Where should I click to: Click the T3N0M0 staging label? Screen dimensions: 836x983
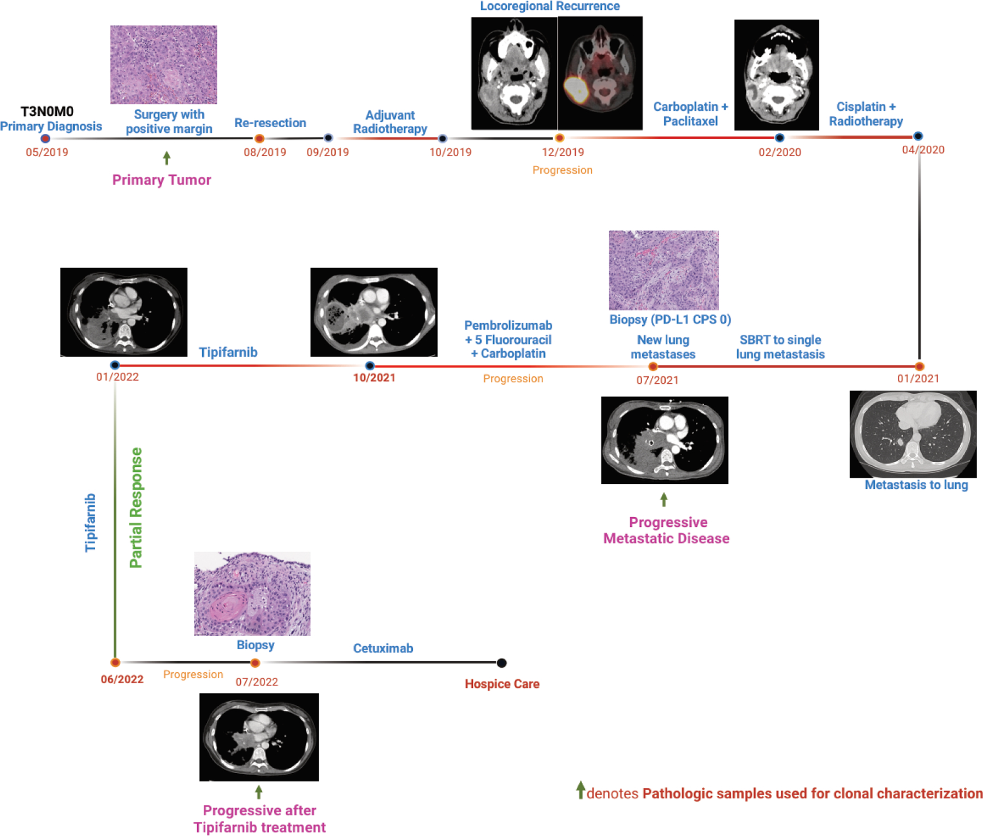click(47, 111)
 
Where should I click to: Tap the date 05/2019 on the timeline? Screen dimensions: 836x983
click(47, 152)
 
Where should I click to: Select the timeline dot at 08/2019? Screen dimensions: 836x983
click(260, 138)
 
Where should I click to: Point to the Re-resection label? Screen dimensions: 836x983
click(270, 123)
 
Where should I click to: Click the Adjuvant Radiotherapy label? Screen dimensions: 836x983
click(390, 122)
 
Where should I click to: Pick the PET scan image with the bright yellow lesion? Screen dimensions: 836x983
click(600, 73)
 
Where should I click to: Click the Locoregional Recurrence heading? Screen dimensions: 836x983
click(549, 7)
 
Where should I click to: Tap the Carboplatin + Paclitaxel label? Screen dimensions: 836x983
click(690, 114)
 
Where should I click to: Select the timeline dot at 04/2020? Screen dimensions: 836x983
click(918, 136)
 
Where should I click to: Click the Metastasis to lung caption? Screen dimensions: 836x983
click(916, 485)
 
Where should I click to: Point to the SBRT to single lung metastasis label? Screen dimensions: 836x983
click(780, 347)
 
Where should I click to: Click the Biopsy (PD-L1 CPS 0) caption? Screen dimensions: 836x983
click(670, 319)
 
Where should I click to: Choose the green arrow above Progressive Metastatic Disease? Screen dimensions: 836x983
click(664, 499)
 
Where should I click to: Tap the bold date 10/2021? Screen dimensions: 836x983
click(374, 378)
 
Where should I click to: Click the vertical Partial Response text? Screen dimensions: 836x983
click(136, 508)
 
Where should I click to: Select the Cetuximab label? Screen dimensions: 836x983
click(383, 648)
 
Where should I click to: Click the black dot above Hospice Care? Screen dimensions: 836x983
click(501, 663)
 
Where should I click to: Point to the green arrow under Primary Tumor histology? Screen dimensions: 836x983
click(167, 158)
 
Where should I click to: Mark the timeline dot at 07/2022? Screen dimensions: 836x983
click(255, 663)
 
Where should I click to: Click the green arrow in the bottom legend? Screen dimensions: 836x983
click(581, 790)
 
